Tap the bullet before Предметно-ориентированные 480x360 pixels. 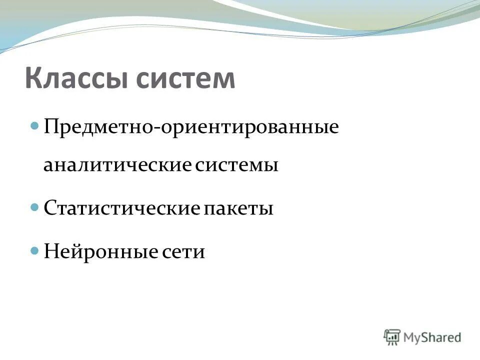[35, 125]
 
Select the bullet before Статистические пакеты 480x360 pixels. [35, 206]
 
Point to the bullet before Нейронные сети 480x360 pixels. [35, 248]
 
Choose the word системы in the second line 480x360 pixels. [236, 165]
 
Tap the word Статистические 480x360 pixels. [121, 208]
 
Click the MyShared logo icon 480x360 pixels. [392, 337]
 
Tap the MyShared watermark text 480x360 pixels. [433, 337]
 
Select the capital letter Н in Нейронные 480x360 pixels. [51, 250]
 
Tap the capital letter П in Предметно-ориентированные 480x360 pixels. [51, 126]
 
